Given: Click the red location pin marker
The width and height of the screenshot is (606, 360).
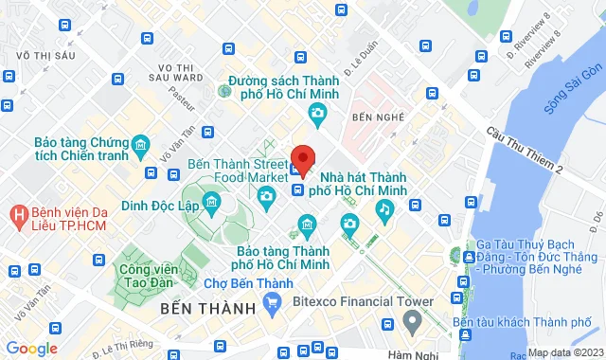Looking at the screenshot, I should (x=303, y=159).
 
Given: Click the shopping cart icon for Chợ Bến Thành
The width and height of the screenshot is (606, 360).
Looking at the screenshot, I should (x=274, y=303).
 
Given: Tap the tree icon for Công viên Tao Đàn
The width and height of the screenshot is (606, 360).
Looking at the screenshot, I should (x=125, y=255).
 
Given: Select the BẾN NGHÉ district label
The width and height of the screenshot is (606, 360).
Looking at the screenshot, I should (x=370, y=117).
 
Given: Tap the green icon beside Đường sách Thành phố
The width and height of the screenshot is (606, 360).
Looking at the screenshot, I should (x=224, y=92).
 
